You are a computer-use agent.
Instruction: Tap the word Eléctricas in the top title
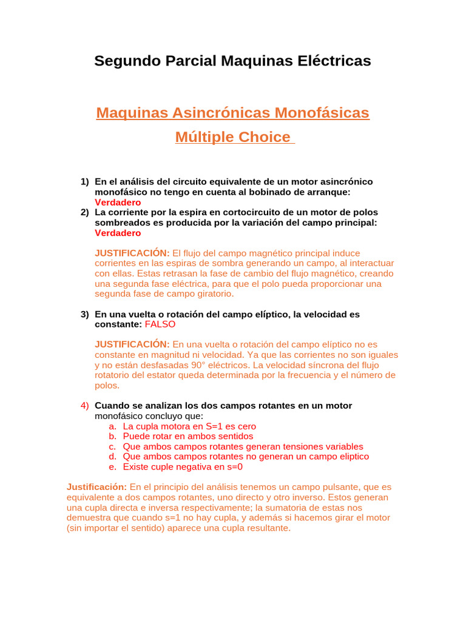pos(333,61)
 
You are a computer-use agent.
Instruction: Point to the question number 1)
pos(85,182)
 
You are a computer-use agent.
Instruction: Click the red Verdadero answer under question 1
pos(118,203)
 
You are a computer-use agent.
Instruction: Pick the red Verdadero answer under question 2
pos(118,233)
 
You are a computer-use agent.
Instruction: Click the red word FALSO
pos(160,324)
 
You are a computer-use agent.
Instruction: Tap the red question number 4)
pos(85,406)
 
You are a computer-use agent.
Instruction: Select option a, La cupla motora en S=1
pos(189,426)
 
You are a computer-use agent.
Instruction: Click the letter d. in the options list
pos(113,457)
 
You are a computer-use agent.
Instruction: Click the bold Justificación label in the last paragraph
pos(96,487)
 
